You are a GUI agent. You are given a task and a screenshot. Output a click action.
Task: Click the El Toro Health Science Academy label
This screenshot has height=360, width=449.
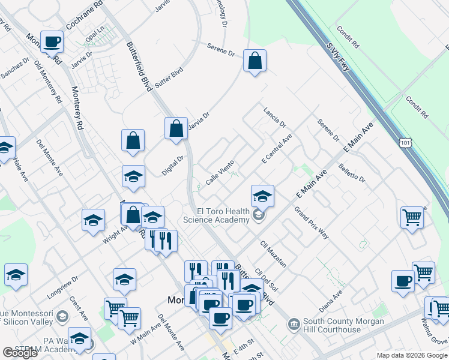(224, 215)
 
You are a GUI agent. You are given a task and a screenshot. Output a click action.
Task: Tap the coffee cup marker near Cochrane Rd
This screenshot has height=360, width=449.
(52, 41)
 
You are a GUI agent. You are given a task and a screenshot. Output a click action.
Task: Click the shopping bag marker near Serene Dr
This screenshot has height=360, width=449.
(255, 61)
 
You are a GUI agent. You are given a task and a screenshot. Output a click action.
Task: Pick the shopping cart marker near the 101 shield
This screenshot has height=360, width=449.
(412, 217)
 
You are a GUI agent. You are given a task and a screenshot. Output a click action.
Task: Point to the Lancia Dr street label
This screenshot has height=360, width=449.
(275, 117)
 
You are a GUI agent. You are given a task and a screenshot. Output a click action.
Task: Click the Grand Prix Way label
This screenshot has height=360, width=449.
(311, 223)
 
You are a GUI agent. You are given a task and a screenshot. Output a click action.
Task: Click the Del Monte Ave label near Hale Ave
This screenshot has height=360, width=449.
(50, 157)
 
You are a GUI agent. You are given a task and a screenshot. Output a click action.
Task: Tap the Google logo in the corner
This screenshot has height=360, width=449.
(20, 353)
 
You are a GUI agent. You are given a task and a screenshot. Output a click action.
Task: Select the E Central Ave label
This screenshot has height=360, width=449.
(277, 149)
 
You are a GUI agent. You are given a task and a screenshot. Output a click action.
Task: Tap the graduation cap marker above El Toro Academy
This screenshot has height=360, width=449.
(262, 196)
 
